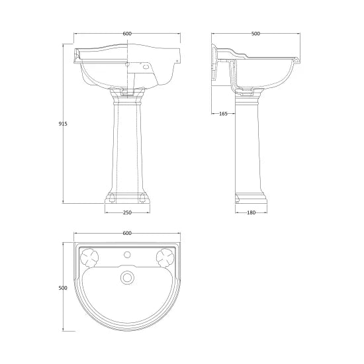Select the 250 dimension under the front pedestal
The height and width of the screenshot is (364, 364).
[128, 212]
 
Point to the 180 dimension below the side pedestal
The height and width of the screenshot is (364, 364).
[251, 212]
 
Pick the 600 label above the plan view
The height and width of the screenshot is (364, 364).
[127, 233]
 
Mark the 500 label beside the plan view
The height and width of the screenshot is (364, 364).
[63, 288]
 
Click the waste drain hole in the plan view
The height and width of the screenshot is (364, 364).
[127, 277]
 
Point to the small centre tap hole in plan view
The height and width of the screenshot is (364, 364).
[127, 254]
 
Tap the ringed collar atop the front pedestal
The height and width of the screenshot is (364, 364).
[128, 100]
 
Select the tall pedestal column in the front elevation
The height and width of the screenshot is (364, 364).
[128, 149]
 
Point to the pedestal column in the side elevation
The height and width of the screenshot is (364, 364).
[251, 149]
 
